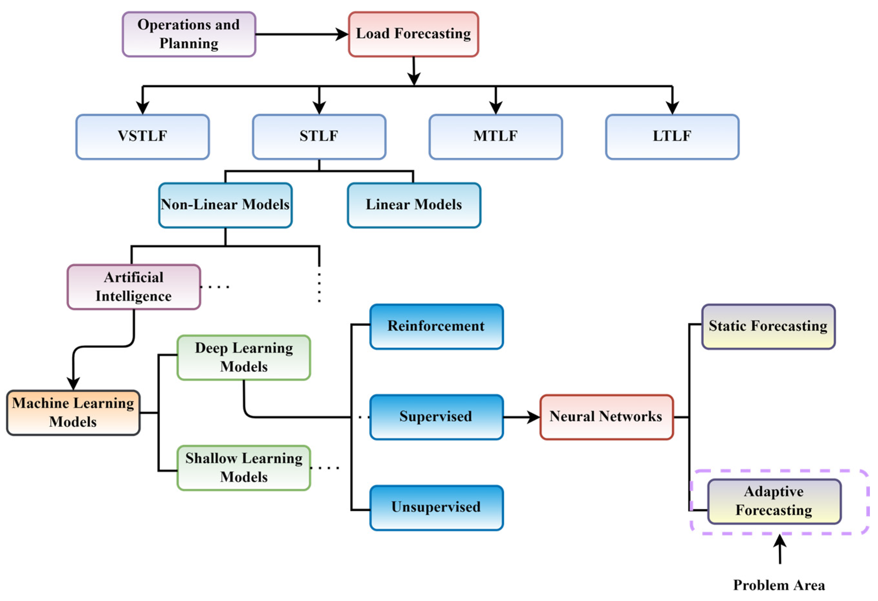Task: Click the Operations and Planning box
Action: pyautogui.click(x=189, y=34)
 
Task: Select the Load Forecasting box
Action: pyautogui.click(x=413, y=34)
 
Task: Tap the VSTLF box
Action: pyautogui.click(x=143, y=136)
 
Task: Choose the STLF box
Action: pyautogui.click(x=319, y=136)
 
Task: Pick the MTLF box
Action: pyautogui.click(x=495, y=136)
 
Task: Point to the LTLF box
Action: pyautogui.click(x=672, y=136)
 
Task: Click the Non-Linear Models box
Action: pyautogui.click(x=225, y=205)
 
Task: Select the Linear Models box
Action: pyautogui.click(x=414, y=205)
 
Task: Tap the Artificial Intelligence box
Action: pyautogui.click(x=134, y=287)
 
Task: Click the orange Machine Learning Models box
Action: pyautogui.click(x=73, y=412)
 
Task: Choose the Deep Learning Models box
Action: pyautogui.click(x=244, y=357)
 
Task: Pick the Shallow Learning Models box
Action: pyautogui.click(x=244, y=468)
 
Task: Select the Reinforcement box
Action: pyautogui.click(x=436, y=326)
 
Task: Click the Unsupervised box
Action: pyautogui.click(x=436, y=508)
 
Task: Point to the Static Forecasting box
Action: pyautogui.click(x=768, y=326)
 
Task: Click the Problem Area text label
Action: pyautogui.click(x=779, y=585)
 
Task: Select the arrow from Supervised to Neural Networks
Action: pyautogui.click(x=521, y=417)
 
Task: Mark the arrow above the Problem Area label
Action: pyautogui.click(x=780, y=549)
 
